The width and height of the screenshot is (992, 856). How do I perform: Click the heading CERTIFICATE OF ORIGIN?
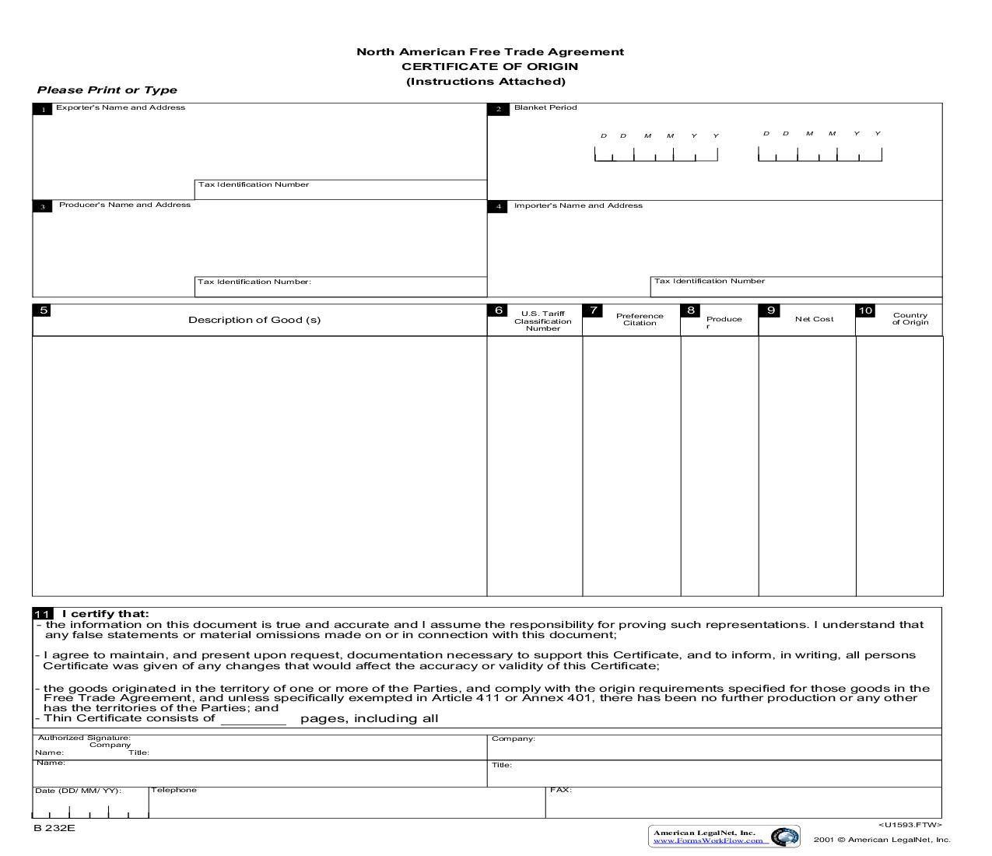click(489, 66)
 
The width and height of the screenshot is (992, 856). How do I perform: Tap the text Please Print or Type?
click(107, 90)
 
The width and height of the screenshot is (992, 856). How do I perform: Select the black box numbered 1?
click(43, 110)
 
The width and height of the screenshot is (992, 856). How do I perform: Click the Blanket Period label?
click(545, 107)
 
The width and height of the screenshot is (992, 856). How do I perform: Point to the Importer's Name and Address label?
click(578, 205)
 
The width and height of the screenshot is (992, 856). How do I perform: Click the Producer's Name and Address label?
click(124, 205)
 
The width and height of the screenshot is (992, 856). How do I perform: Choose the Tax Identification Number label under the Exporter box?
click(254, 184)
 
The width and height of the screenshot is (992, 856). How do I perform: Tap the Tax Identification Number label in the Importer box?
click(709, 281)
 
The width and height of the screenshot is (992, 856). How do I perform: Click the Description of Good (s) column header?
click(254, 320)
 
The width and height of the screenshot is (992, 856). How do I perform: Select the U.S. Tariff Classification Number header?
click(542, 321)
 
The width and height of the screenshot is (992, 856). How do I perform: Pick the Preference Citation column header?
click(640, 319)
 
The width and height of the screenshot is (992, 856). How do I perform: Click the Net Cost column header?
click(814, 319)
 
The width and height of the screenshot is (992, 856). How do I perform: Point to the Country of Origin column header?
click(910, 319)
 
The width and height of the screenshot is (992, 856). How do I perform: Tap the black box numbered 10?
click(865, 310)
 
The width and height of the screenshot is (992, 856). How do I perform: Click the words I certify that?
click(105, 613)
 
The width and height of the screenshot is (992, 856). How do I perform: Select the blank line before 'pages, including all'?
click(254, 721)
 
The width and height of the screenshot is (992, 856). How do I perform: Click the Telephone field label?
click(174, 790)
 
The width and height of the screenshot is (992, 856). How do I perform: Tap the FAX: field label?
click(560, 790)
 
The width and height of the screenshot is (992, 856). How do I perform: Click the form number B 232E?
click(54, 828)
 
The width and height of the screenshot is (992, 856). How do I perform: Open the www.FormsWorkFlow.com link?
click(708, 840)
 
